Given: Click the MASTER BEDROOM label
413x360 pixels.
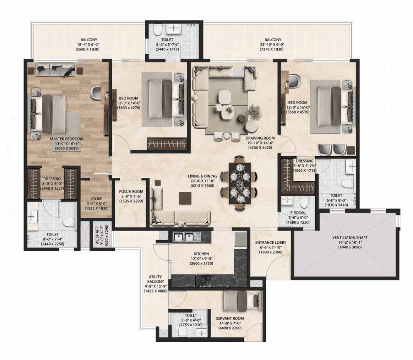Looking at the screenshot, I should point(67,139).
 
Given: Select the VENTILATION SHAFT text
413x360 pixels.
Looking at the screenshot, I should point(350,237).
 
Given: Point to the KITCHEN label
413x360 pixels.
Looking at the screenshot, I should point(201,253).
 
